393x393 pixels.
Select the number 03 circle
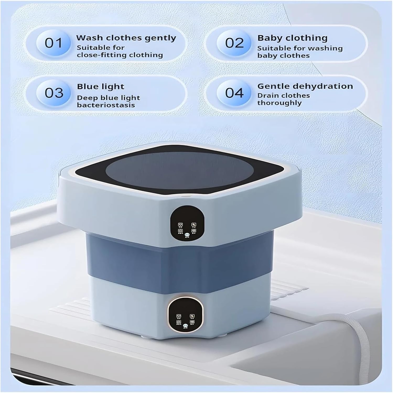click(x=54, y=93)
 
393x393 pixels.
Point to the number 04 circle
click(x=234, y=93)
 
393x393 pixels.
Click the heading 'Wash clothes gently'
click(x=126, y=38)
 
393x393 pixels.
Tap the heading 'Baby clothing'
click(x=292, y=38)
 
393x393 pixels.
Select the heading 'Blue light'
click(x=100, y=86)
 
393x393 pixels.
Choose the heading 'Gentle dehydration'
click(x=305, y=86)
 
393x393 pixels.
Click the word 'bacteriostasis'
click(x=106, y=105)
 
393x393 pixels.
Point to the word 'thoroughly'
click(x=279, y=103)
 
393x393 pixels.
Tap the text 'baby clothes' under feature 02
click(x=283, y=56)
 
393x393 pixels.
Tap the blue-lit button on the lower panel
click(x=185, y=326)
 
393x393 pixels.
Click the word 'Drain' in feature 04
click(x=267, y=96)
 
